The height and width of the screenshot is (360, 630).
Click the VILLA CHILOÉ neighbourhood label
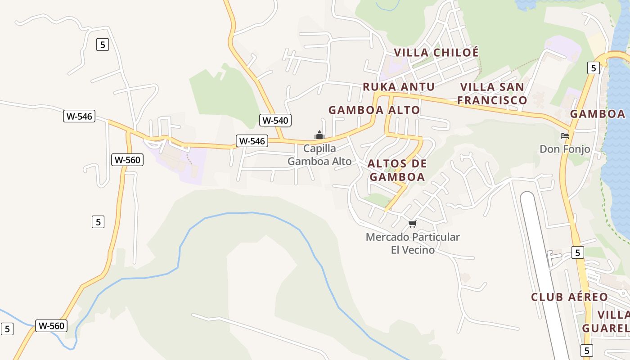coord(436,53)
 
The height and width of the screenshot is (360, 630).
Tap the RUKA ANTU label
coord(399,87)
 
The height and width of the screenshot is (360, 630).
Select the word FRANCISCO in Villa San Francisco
coord(492,100)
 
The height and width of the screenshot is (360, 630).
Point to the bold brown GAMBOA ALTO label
coord(374,110)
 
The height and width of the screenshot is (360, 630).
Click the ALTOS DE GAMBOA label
coord(397,170)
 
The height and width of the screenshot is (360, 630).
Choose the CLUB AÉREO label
coord(569,297)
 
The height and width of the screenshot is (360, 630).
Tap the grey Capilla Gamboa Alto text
coord(319,155)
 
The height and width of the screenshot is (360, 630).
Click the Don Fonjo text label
coord(565,149)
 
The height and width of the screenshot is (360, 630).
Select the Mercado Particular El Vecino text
coord(413,243)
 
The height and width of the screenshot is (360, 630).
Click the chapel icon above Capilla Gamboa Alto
coord(319,135)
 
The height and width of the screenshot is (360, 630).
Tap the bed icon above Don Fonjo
coord(565,135)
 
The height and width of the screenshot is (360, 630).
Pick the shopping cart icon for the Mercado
coord(412,224)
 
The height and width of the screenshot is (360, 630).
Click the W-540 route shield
coord(275,120)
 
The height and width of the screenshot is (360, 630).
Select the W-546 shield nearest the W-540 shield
coord(252,141)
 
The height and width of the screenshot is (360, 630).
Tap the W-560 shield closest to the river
coord(52,326)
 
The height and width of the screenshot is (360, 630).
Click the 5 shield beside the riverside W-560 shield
coord(7,329)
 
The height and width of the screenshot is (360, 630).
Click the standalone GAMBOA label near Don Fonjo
coord(598,114)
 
